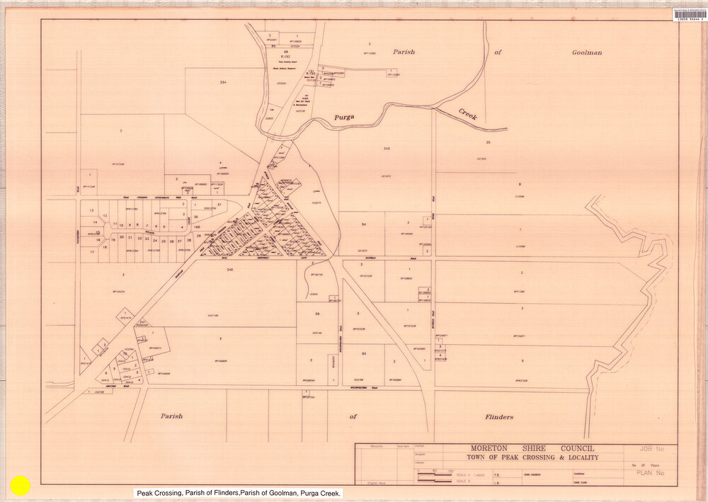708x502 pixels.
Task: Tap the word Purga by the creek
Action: tap(346, 116)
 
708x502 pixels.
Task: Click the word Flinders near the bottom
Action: tap(499, 417)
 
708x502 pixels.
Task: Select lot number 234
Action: tap(223, 83)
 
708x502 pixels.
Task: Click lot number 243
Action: tap(386, 149)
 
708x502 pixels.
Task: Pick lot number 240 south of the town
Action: tap(230, 270)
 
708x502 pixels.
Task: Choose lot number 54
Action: tap(363, 224)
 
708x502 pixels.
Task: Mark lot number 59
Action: tap(318, 313)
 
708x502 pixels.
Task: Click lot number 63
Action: tap(363, 353)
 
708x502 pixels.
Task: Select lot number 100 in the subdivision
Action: tap(196, 227)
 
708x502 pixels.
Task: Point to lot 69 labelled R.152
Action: tap(286, 53)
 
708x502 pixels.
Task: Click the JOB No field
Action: tap(650, 449)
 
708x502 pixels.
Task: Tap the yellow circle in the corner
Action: tap(21, 485)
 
